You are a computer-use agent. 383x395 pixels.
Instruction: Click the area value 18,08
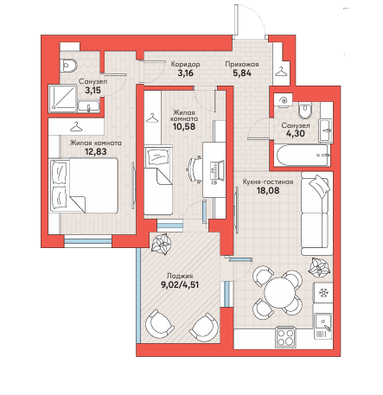coord(268,190)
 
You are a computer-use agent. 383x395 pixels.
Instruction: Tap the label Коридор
coord(185,64)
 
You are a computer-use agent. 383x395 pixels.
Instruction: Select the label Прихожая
coord(242,64)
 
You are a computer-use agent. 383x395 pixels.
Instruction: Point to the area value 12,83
coord(95,151)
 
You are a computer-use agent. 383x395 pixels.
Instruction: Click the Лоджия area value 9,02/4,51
coord(180,285)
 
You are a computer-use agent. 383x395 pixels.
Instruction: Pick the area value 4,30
coord(296,134)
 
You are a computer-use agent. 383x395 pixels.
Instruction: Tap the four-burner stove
coord(285,337)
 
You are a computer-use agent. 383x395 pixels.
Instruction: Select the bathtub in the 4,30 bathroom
coord(302,156)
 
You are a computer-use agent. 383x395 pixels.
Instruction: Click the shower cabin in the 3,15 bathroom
coord(62,99)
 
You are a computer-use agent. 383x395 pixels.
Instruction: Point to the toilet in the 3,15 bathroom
coord(68,66)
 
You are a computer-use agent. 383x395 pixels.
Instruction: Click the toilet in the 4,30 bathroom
coord(305,110)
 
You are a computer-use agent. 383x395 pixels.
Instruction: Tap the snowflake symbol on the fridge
coord(323,293)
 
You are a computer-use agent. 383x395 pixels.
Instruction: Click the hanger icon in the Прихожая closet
coord(280,72)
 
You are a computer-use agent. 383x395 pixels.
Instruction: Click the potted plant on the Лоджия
coord(161,244)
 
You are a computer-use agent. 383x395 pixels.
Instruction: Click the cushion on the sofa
coord(318,185)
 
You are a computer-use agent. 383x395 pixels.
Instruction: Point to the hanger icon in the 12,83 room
coord(76,126)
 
